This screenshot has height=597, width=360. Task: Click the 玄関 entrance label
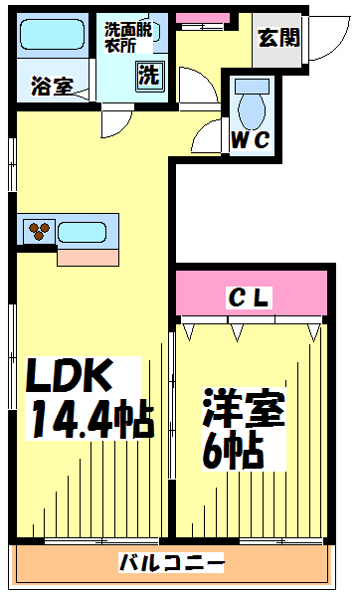pyautogui.click(x=279, y=38)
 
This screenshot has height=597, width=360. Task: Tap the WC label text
pyautogui.click(x=251, y=139)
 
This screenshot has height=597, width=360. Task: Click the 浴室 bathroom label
pyautogui.click(x=52, y=87)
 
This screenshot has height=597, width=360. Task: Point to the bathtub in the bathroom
pyautogui.click(x=52, y=35)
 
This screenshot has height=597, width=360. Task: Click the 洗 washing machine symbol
pyautogui.click(x=149, y=76)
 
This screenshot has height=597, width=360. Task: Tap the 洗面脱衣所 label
pyautogui.click(x=128, y=38)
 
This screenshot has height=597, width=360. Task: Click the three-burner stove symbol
pyautogui.click(x=39, y=231)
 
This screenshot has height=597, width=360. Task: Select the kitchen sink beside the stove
pyautogui.click(x=82, y=232)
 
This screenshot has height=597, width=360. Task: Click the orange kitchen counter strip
pyautogui.click(x=88, y=258)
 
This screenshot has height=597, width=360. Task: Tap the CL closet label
pyautogui.click(x=250, y=298)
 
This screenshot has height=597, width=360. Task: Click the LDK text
pyautogui.click(x=70, y=376)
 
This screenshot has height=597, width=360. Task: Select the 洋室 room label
pyautogui.click(x=244, y=408)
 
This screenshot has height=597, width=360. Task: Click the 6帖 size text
pyautogui.click(x=234, y=451)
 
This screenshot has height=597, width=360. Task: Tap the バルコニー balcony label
pyautogui.click(x=171, y=563)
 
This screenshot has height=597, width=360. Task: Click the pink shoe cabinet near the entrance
pyautogui.click(x=203, y=18)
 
